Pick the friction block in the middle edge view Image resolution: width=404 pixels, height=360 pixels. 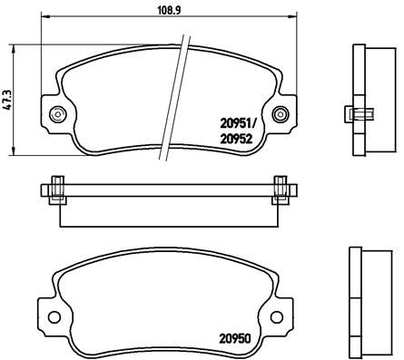click(x=170, y=210)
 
